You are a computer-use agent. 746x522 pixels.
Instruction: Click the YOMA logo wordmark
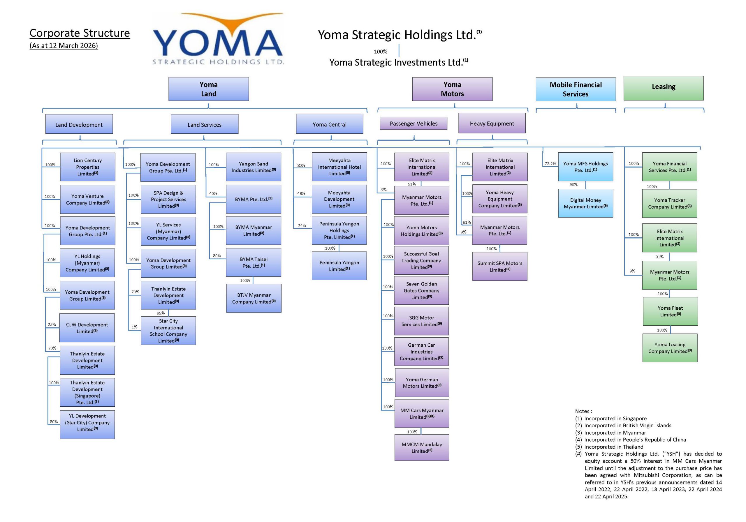(x=218, y=43)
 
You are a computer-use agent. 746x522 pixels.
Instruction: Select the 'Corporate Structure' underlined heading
(x=80, y=33)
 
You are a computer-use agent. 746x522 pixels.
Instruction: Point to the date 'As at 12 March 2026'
(x=64, y=45)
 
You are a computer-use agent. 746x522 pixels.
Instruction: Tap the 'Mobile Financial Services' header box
(x=576, y=89)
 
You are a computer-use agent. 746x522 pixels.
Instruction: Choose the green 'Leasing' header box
(x=663, y=88)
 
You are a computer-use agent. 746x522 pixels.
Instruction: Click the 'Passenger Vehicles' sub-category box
(x=413, y=124)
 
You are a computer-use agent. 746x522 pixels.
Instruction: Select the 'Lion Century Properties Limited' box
(x=88, y=167)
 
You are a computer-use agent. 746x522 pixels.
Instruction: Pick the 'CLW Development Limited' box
(x=87, y=328)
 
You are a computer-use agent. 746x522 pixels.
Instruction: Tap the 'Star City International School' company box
(x=168, y=331)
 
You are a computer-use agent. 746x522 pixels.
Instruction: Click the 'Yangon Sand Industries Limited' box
(x=254, y=167)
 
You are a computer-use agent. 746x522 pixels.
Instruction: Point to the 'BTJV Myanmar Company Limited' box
(x=254, y=298)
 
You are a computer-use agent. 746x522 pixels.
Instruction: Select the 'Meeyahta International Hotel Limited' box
(x=339, y=167)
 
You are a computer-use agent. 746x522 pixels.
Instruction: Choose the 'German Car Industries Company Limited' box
(x=421, y=352)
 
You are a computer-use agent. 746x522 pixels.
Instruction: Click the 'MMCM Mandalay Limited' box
(x=422, y=447)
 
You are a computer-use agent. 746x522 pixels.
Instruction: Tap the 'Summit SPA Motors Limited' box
(x=500, y=266)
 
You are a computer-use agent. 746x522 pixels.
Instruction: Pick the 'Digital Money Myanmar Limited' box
(x=585, y=203)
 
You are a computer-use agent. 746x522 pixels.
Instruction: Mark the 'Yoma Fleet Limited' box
(x=670, y=311)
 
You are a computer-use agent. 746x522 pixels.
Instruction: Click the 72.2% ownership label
(x=550, y=164)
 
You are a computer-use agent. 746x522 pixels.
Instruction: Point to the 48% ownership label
(x=301, y=194)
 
